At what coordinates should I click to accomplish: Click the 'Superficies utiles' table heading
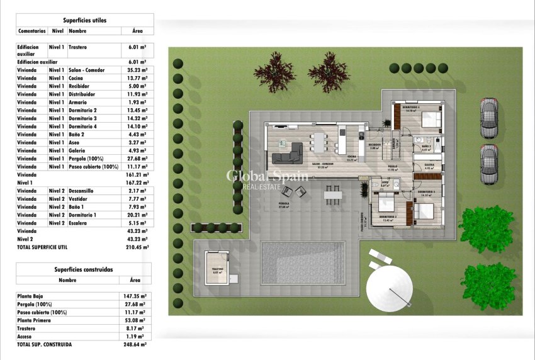84,20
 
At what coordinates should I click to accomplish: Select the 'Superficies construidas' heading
84,269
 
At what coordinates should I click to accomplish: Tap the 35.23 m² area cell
137,70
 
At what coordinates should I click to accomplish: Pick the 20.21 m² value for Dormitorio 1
137,215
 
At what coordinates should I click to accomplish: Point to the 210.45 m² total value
136,247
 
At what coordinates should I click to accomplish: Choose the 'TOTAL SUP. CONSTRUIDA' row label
45,344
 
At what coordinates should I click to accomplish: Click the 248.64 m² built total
135,344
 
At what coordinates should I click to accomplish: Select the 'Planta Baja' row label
31,295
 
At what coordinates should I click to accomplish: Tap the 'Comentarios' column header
32,30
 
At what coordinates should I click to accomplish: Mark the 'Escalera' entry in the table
79,223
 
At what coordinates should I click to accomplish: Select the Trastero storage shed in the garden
218,269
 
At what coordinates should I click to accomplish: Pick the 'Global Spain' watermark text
267,176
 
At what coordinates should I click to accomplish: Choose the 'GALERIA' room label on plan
429,166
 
